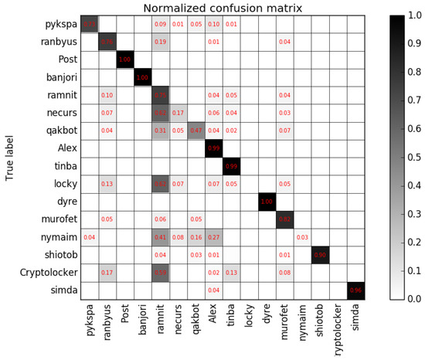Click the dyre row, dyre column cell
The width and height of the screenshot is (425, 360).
point(267,202)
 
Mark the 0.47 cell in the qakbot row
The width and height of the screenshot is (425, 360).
point(195,131)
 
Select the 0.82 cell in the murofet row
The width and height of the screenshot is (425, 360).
point(284,219)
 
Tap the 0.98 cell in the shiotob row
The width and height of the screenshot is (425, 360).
point(320,254)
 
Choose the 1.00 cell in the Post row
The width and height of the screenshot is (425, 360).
point(124,60)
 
